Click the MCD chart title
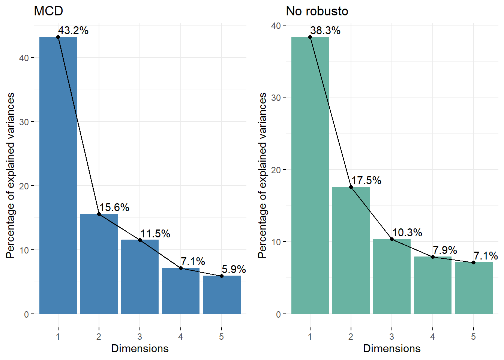pos(48,11)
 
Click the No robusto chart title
pos(317,11)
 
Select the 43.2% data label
pos(73,30)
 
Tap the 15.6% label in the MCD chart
pos(114,207)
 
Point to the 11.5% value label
pos(155,234)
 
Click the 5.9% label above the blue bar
pos(234,269)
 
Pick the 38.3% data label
pos(325,30)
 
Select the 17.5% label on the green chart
pos(366,180)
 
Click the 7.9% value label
pos(445,250)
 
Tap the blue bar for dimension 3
pos(140,277)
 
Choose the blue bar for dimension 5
pos(222,295)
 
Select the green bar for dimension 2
pos(351,250)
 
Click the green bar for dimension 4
pos(433,285)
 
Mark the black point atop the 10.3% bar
pos(392,239)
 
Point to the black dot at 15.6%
pos(99,214)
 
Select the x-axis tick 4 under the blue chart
pos(180,337)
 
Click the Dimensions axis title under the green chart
pos(392,348)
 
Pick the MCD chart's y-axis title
pos(10,175)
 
